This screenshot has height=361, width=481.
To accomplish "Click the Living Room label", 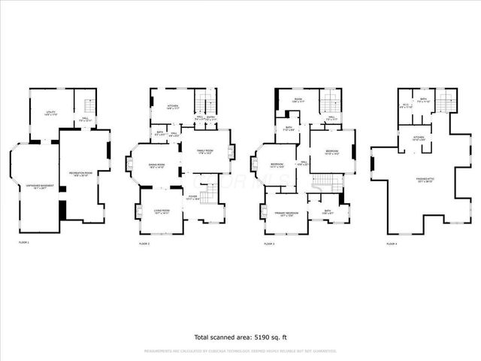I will pos(162,211).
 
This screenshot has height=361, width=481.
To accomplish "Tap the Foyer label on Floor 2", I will pos(194,198).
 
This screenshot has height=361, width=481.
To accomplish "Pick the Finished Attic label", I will pos(427,180).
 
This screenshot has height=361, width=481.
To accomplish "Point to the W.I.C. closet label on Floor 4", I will pos(405,106).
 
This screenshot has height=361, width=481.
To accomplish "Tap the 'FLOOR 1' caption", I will pos(24,243).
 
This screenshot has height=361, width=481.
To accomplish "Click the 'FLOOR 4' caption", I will pos(392,244).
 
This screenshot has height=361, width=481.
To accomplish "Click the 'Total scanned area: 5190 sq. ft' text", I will pos(240,337).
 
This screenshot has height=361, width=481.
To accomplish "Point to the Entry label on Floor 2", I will pos(211,117).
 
